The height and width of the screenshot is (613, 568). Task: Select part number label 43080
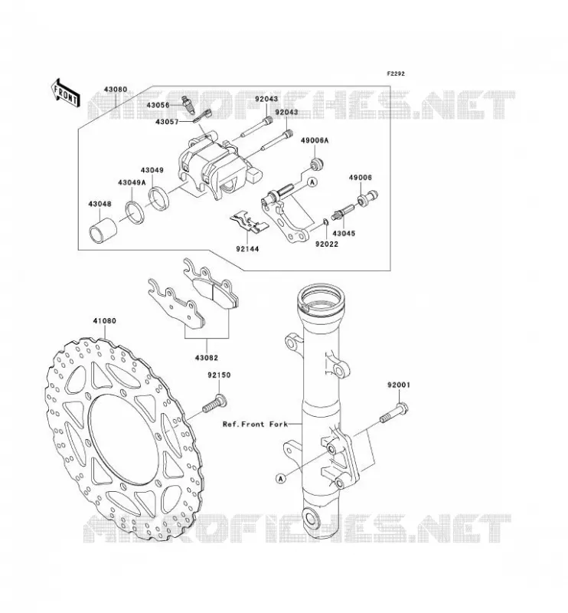[x=116, y=89]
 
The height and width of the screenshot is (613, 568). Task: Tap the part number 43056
[x=158, y=105]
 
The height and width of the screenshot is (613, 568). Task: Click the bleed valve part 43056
[x=188, y=106]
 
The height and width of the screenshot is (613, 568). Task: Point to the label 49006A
[x=315, y=141]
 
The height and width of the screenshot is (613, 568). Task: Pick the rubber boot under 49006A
[x=317, y=164]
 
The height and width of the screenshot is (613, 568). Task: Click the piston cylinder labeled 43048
[x=104, y=231]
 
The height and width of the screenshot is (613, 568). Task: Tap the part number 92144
[x=247, y=248]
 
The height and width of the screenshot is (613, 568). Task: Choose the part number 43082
[x=207, y=358]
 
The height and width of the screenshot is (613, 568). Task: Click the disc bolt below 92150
[x=215, y=404]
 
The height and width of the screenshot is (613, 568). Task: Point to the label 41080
[x=105, y=321]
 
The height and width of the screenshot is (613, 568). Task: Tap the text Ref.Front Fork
[x=255, y=424]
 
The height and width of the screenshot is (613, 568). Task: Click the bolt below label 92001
[x=394, y=414]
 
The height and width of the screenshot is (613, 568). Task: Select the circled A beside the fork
[x=280, y=477]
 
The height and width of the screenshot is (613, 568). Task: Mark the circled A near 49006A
[x=312, y=182]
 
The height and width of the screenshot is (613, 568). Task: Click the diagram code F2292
[x=396, y=74]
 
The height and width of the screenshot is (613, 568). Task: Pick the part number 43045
[x=344, y=234]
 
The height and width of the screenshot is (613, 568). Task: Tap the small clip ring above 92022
[x=325, y=222]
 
